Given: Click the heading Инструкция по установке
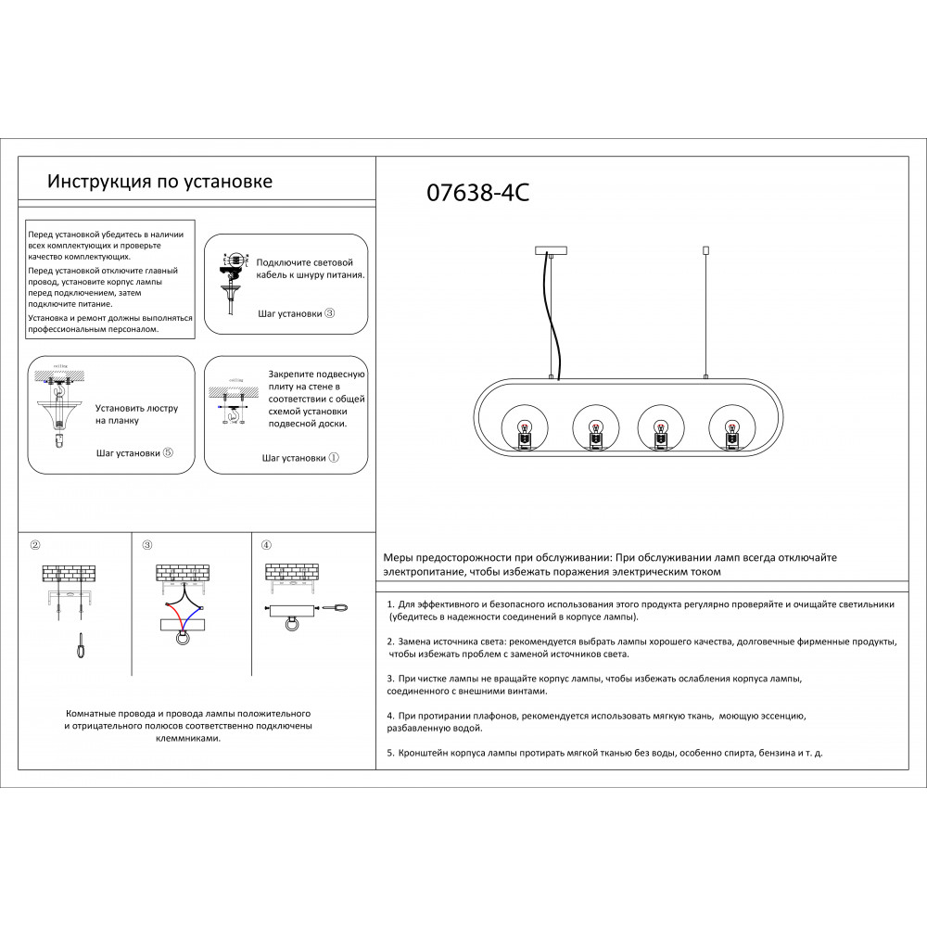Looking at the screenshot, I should [x=159, y=181].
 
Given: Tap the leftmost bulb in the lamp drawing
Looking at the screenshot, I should [x=523, y=431].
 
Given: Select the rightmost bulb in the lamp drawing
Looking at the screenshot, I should [x=730, y=431].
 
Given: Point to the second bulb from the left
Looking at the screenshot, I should [x=594, y=431].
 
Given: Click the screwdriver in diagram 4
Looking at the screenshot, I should [x=338, y=608].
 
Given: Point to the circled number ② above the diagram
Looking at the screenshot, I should [x=35, y=544].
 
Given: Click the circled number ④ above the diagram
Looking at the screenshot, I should [x=266, y=544].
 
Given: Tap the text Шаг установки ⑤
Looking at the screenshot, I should [x=134, y=453].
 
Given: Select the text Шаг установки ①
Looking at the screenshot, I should [x=300, y=458].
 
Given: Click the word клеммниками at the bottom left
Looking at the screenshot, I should [x=188, y=739].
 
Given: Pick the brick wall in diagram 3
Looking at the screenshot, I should [x=182, y=573].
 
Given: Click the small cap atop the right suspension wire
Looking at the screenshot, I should [x=706, y=249].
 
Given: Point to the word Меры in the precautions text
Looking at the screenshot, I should [x=400, y=558].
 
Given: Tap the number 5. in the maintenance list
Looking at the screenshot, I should [x=390, y=753].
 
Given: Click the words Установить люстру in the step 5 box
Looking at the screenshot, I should [x=136, y=408].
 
